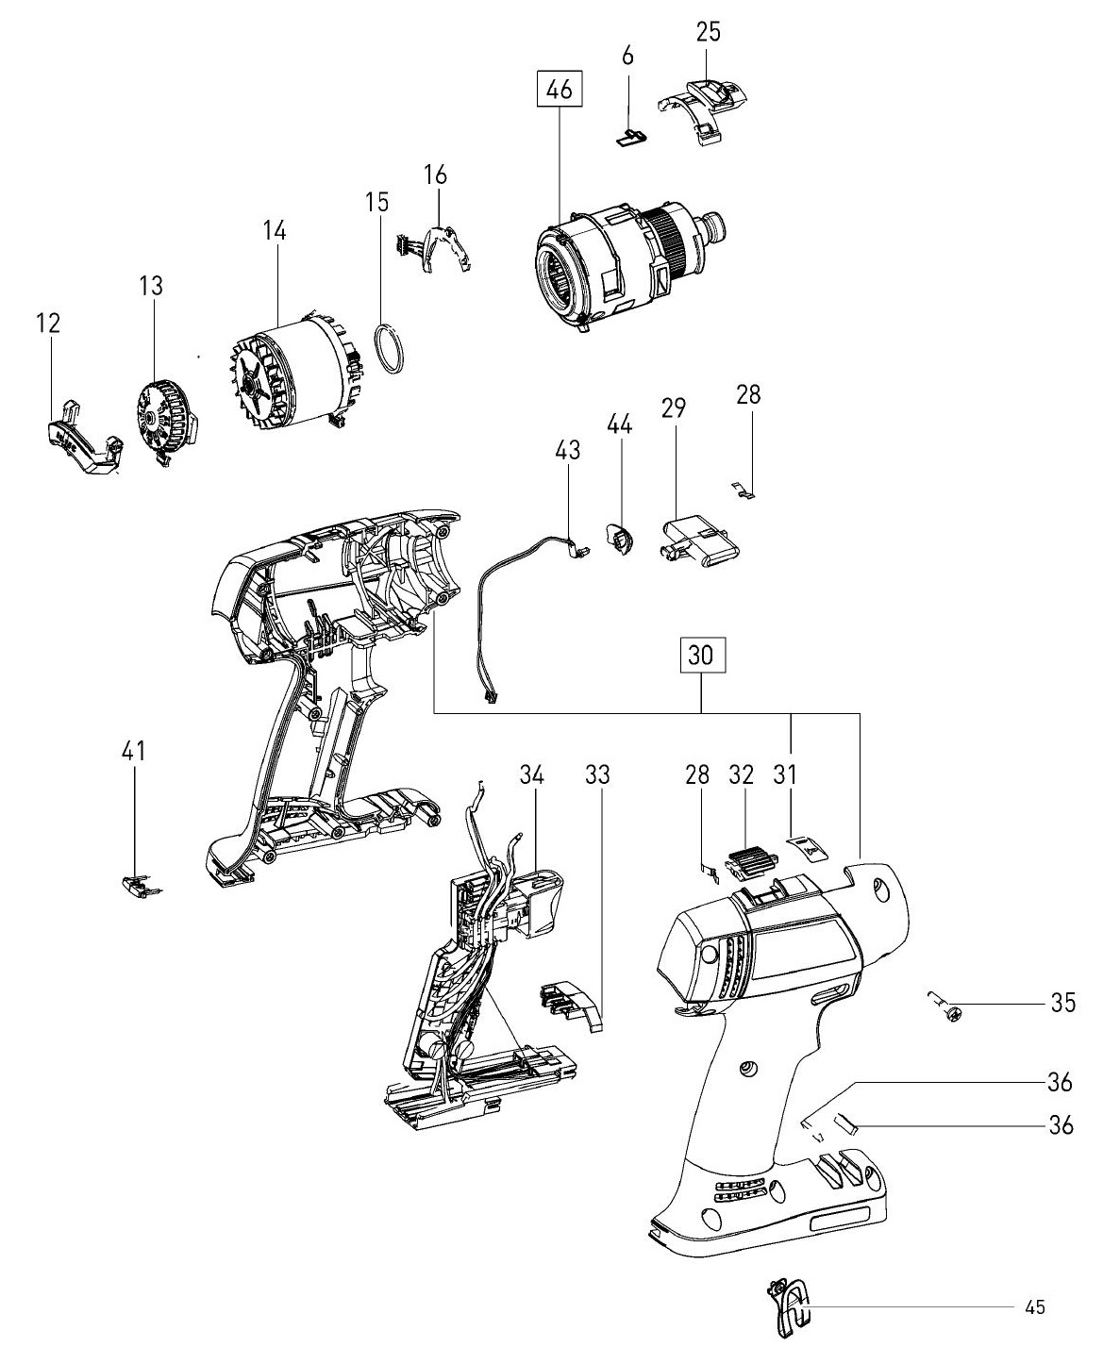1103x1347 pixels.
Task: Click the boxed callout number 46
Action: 560,90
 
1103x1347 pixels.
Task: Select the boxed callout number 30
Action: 701,655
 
